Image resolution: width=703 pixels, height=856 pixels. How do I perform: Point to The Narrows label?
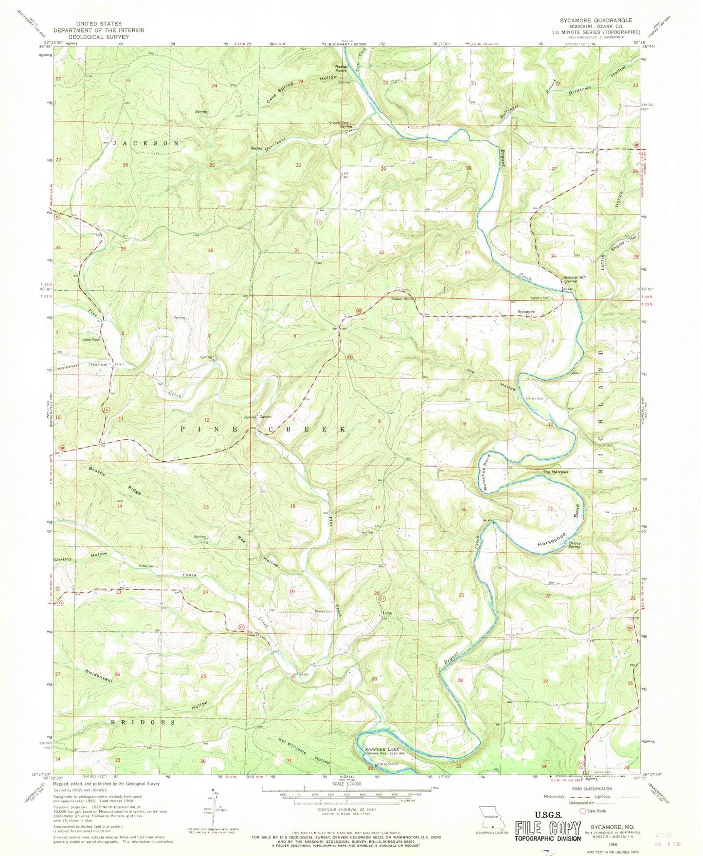point(556,472)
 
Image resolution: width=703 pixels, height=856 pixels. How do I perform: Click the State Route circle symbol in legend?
point(582,811)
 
